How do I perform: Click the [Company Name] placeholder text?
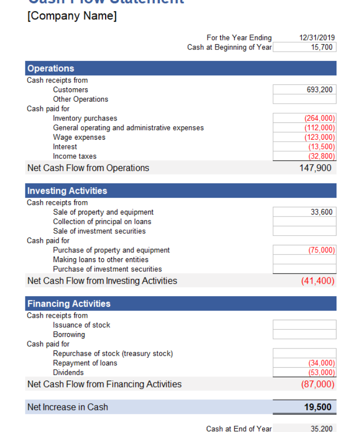pos(72,16)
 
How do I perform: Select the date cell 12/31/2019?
pos(317,37)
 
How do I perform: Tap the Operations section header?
pos(51,68)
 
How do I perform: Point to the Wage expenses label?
pos(79,137)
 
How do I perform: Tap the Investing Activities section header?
pos(67,191)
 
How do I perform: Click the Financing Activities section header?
pos(69,303)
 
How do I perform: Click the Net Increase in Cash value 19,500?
pos(317,407)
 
